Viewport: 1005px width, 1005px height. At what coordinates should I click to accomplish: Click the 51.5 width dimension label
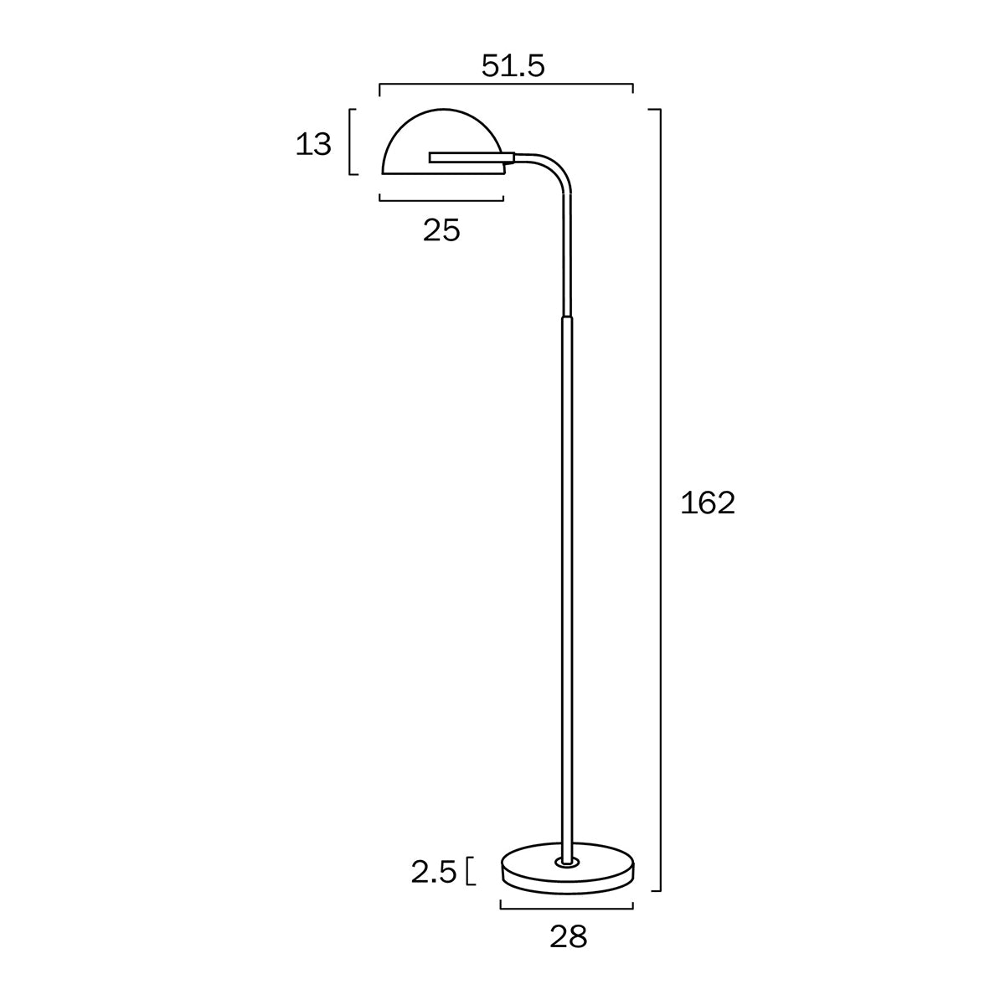pos(513,65)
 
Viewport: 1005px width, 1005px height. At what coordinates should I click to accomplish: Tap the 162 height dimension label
pos(708,503)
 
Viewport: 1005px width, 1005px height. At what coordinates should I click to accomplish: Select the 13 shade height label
pos(313,145)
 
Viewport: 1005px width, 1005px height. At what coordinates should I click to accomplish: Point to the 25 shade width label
pos(441,230)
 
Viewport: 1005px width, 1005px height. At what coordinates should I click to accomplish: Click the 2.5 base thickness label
pos(433,873)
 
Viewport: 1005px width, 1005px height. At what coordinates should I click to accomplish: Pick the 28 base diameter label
pos(569,937)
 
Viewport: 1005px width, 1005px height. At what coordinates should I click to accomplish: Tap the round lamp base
pos(567,876)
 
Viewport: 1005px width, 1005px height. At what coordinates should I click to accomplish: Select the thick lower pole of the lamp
pos(567,586)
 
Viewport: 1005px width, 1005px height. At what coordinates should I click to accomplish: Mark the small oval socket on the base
pos(567,862)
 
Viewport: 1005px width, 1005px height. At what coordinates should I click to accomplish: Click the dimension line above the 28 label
pos(567,906)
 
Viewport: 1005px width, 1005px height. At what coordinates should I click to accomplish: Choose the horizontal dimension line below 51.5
pos(507,85)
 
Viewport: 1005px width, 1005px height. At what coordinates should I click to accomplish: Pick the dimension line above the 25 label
pos(441,200)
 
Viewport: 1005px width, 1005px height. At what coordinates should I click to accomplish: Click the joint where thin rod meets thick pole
pos(567,317)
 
